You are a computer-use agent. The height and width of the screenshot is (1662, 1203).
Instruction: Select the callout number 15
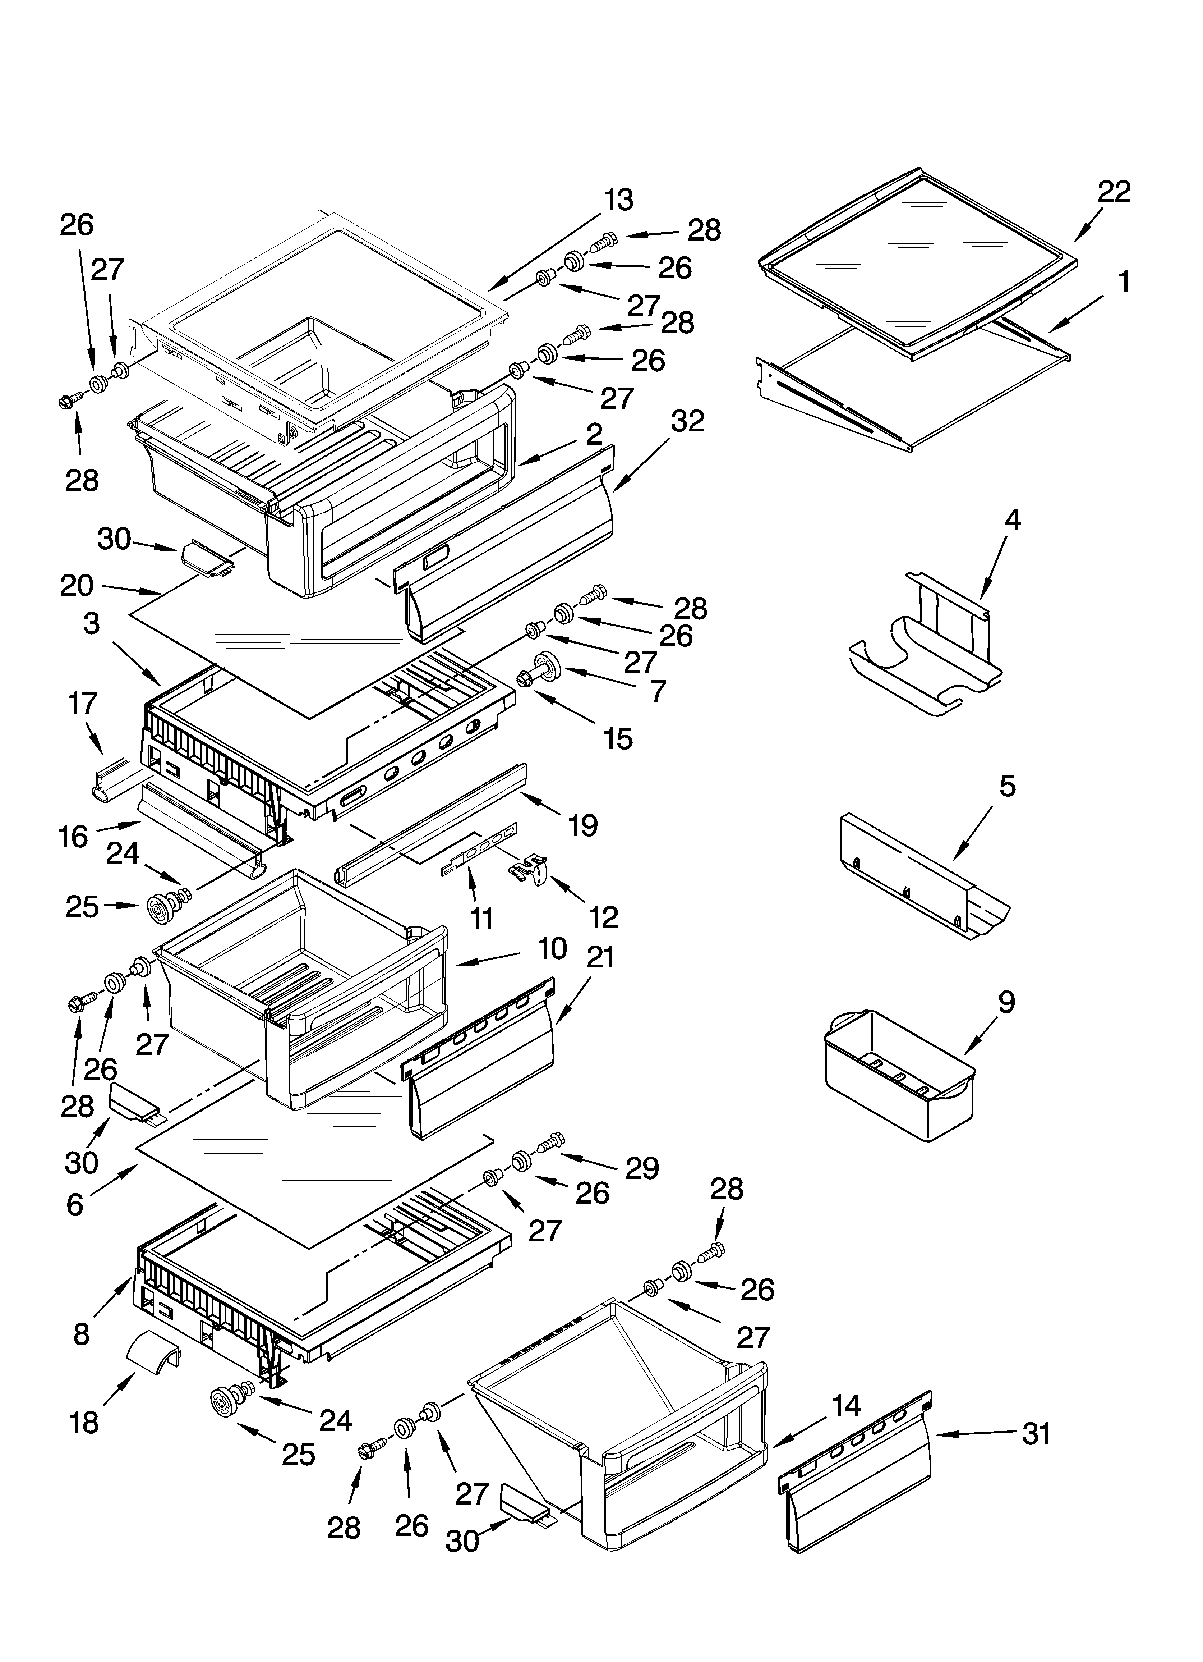coord(618,739)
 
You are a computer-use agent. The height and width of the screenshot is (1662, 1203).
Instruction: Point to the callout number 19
coord(583,825)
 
